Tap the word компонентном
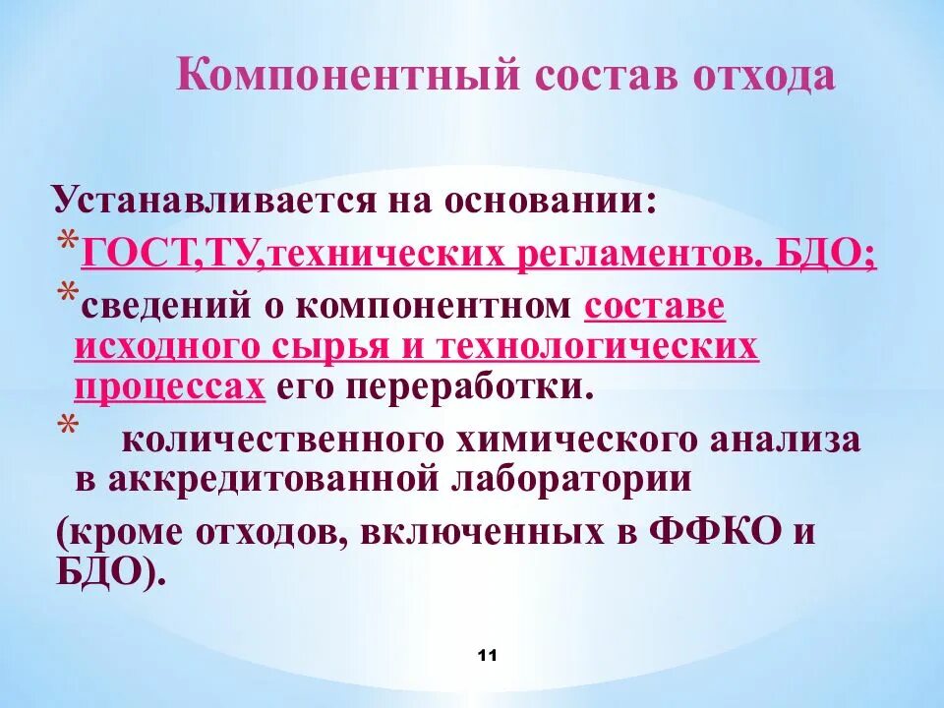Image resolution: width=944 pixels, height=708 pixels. [434, 306]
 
